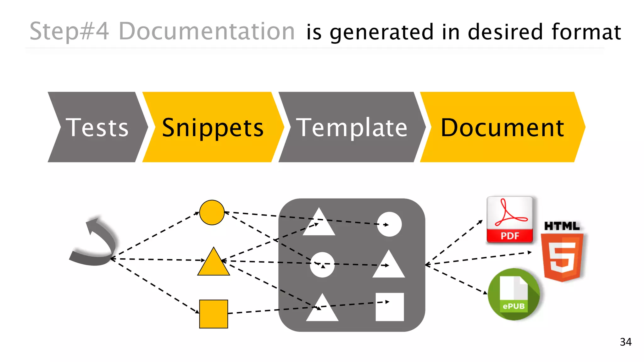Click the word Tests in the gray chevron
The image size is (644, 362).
point(97,128)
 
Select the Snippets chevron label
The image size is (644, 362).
point(213,128)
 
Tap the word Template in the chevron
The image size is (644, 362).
point(352,128)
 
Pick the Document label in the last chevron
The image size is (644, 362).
point(502,128)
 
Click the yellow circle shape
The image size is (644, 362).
point(212,212)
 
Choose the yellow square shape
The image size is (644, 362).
point(214,314)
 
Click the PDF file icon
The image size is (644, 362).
point(510,220)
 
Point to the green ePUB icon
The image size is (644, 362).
point(514,294)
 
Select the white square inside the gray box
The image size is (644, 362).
point(390,307)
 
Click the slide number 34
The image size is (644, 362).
point(625,342)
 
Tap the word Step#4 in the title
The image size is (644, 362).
point(69,31)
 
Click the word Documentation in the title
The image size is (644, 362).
point(207,31)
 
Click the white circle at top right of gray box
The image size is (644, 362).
point(389,224)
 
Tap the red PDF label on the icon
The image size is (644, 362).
point(510,236)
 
